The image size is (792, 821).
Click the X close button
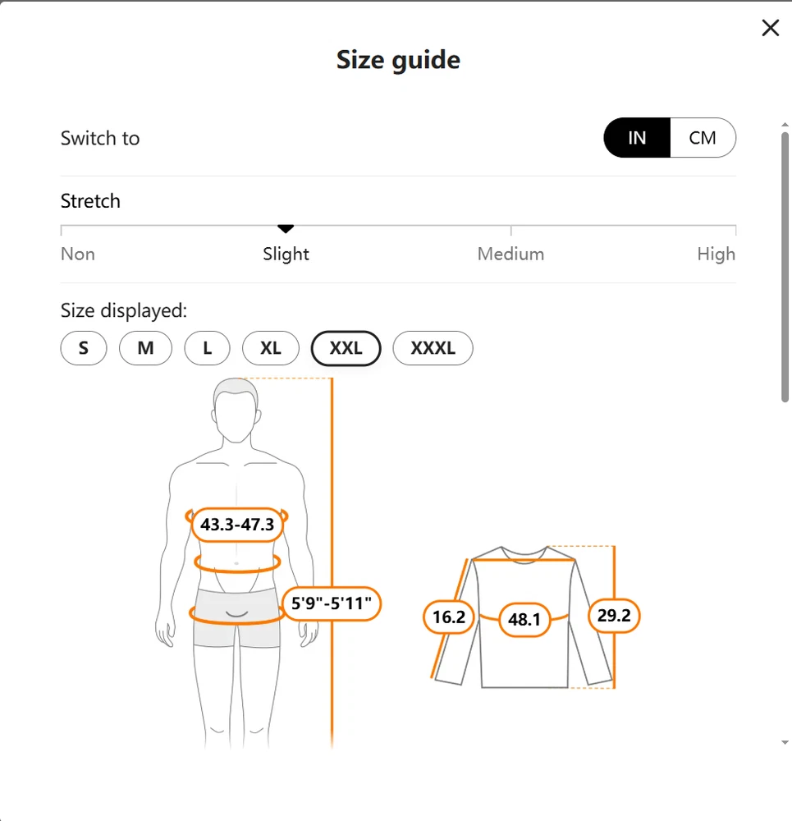(x=770, y=28)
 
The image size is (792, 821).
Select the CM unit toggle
(x=703, y=138)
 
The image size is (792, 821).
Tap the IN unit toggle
(x=637, y=138)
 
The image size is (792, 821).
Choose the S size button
(x=84, y=348)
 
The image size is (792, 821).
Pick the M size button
(x=145, y=348)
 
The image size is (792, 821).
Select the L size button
(x=208, y=348)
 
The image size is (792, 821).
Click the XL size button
(x=271, y=348)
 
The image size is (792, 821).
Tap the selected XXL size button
(x=346, y=348)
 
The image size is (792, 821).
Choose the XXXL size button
(x=433, y=348)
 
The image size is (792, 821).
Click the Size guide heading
(x=398, y=60)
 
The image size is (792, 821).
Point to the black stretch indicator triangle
(x=286, y=229)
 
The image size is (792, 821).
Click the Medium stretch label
(x=510, y=254)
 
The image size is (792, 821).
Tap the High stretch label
(x=716, y=255)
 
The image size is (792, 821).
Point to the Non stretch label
(x=78, y=254)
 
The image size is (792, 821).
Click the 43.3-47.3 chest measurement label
(x=237, y=524)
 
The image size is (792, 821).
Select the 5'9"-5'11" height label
(x=332, y=603)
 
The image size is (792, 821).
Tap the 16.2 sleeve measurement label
(x=449, y=617)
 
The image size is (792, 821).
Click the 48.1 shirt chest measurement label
(x=524, y=619)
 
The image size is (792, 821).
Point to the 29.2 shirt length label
(x=614, y=616)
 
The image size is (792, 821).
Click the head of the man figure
(x=236, y=410)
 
